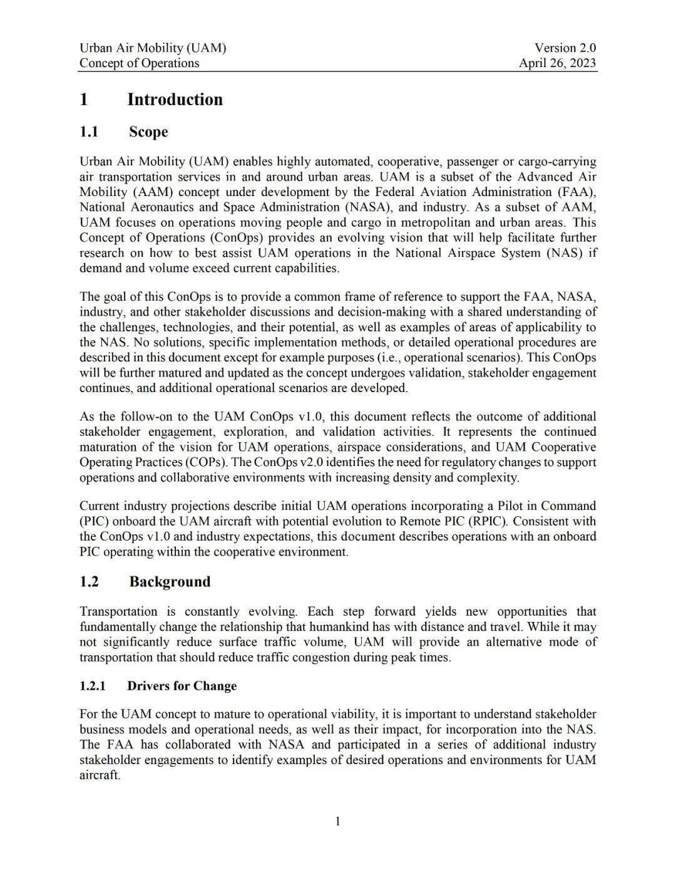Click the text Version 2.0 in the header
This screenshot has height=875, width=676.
click(x=565, y=48)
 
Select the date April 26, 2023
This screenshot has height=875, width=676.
click(x=557, y=63)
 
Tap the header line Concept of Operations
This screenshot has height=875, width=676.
click(x=139, y=63)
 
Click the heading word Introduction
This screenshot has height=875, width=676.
click(x=175, y=100)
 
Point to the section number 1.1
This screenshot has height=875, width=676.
click(x=89, y=132)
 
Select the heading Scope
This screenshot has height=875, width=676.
click(x=148, y=132)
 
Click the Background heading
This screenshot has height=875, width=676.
click(x=170, y=581)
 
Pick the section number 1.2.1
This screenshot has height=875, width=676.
click(x=93, y=686)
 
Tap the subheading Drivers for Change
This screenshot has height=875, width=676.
click(x=182, y=686)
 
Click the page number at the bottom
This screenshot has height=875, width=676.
click(x=338, y=821)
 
